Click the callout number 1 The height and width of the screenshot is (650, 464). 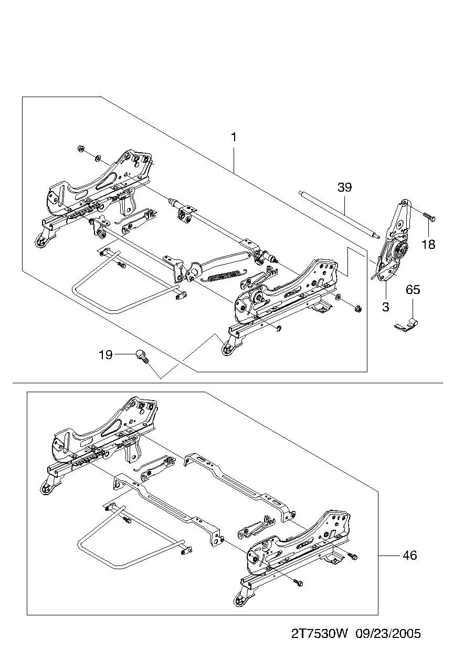coord(234,137)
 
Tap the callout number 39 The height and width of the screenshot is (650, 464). coord(344,187)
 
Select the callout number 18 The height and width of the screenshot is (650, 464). coord(428,244)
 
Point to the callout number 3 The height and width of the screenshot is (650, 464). coord(386,307)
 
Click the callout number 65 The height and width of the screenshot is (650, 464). coord(413,289)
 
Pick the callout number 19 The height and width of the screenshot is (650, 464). coord(106,354)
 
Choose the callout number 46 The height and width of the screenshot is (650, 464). coord(410,555)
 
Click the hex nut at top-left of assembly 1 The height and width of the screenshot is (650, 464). coord(81,149)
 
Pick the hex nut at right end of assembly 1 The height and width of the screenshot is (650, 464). coord(358,309)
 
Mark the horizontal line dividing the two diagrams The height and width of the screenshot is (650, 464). coord(227,383)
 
